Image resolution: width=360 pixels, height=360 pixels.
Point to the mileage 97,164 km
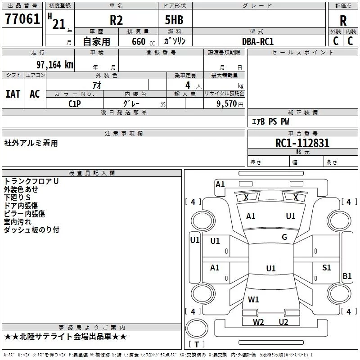(x=54, y=64)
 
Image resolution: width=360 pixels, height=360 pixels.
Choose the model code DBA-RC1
(x=257, y=41)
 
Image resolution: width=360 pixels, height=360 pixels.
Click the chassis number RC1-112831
(x=302, y=143)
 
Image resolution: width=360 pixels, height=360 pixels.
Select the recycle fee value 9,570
(x=229, y=103)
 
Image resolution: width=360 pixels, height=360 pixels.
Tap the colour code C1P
(x=75, y=103)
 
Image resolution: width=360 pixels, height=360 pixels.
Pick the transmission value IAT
(x=13, y=94)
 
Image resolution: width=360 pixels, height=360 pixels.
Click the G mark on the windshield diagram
(x=284, y=237)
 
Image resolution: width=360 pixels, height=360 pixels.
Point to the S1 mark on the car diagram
(x=327, y=268)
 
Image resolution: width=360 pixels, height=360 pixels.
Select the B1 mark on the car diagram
(x=347, y=276)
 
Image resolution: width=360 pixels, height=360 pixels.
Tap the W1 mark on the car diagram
(x=253, y=299)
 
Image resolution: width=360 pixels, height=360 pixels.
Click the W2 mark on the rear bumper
(x=258, y=322)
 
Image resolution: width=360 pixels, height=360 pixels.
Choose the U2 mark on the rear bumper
(x=283, y=322)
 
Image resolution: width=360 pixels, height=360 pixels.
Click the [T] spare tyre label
(x=197, y=344)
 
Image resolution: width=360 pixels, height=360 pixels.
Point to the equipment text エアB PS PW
(x=270, y=121)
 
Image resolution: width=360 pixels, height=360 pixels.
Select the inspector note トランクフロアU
(x=31, y=181)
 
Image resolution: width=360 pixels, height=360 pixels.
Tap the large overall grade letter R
(x=343, y=21)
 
